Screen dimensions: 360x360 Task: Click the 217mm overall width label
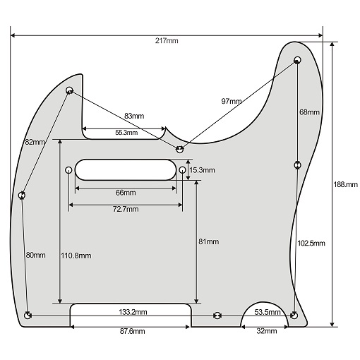tap(167, 41)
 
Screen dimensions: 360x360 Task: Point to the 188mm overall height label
tap(345, 184)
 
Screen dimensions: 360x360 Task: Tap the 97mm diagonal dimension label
tap(231, 102)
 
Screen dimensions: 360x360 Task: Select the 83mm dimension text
tap(134, 116)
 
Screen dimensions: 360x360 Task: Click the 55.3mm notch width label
tap(126, 132)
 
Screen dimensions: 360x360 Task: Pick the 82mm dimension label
tap(35, 142)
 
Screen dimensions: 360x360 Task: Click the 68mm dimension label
tap(309, 112)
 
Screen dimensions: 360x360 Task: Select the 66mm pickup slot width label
tap(126, 193)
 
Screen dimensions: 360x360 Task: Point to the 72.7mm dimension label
tap(125, 210)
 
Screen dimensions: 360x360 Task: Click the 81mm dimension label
tap(209, 241)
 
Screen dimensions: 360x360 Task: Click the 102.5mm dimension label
tap(311, 243)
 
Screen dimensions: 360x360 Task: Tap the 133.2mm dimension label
tap(133, 312)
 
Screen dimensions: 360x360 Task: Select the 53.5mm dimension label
tap(265, 312)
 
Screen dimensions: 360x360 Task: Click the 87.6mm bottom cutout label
tap(131, 331)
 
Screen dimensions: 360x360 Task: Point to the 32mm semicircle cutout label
tap(265, 331)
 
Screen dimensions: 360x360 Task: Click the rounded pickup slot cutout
tap(125, 170)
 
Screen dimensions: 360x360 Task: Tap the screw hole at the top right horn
tap(297, 59)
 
